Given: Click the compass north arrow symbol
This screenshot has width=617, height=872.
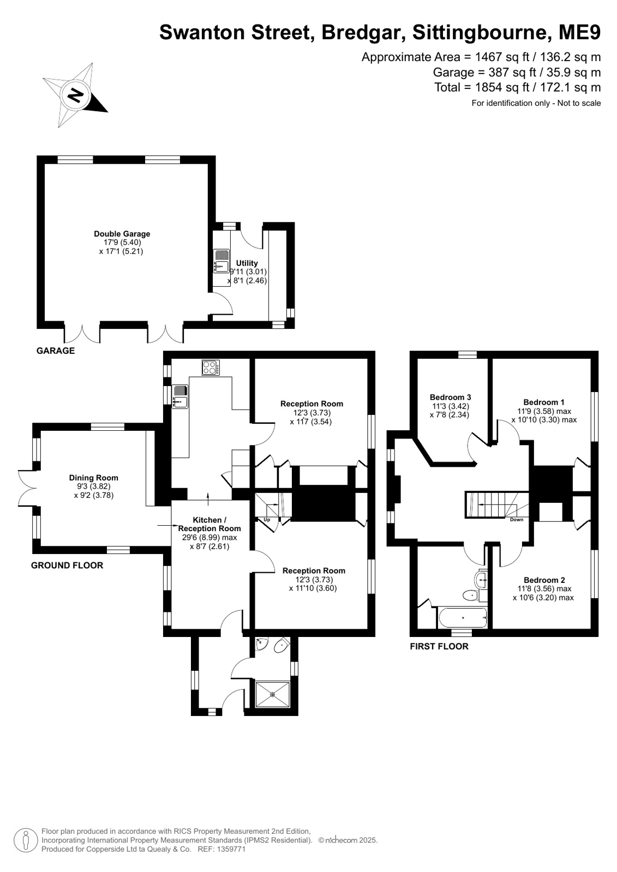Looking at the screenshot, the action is [x=75, y=95].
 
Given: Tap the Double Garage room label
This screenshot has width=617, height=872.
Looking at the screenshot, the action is [x=122, y=234].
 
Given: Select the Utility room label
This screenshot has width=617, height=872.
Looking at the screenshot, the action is [x=247, y=263].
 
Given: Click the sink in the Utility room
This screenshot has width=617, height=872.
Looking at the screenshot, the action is [x=221, y=261].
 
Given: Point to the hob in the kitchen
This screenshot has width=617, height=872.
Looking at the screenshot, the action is [x=211, y=368].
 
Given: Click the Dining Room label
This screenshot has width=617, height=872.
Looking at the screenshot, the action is [x=93, y=478].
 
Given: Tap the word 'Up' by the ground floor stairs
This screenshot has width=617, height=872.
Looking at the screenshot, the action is [x=267, y=520].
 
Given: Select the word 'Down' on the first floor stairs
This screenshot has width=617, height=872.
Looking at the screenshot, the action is [x=517, y=520].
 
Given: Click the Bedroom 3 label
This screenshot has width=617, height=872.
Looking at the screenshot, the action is [x=450, y=398].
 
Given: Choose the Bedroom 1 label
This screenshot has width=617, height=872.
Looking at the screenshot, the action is [x=544, y=402].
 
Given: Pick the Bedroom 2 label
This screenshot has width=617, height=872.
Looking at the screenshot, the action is [x=544, y=580].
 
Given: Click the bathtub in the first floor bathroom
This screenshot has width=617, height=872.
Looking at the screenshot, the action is [x=463, y=618].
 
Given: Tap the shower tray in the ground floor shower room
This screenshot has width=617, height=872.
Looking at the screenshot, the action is [x=273, y=694].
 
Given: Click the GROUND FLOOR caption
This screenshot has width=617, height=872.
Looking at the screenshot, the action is [x=67, y=565].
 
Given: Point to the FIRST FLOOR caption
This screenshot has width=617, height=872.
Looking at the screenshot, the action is [x=439, y=646].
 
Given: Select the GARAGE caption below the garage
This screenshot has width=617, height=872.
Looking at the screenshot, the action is [x=55, y=351].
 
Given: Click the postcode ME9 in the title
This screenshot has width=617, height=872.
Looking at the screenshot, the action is [x=580, y=33].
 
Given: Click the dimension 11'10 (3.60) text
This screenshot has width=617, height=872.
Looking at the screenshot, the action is [x=313, y=588].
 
